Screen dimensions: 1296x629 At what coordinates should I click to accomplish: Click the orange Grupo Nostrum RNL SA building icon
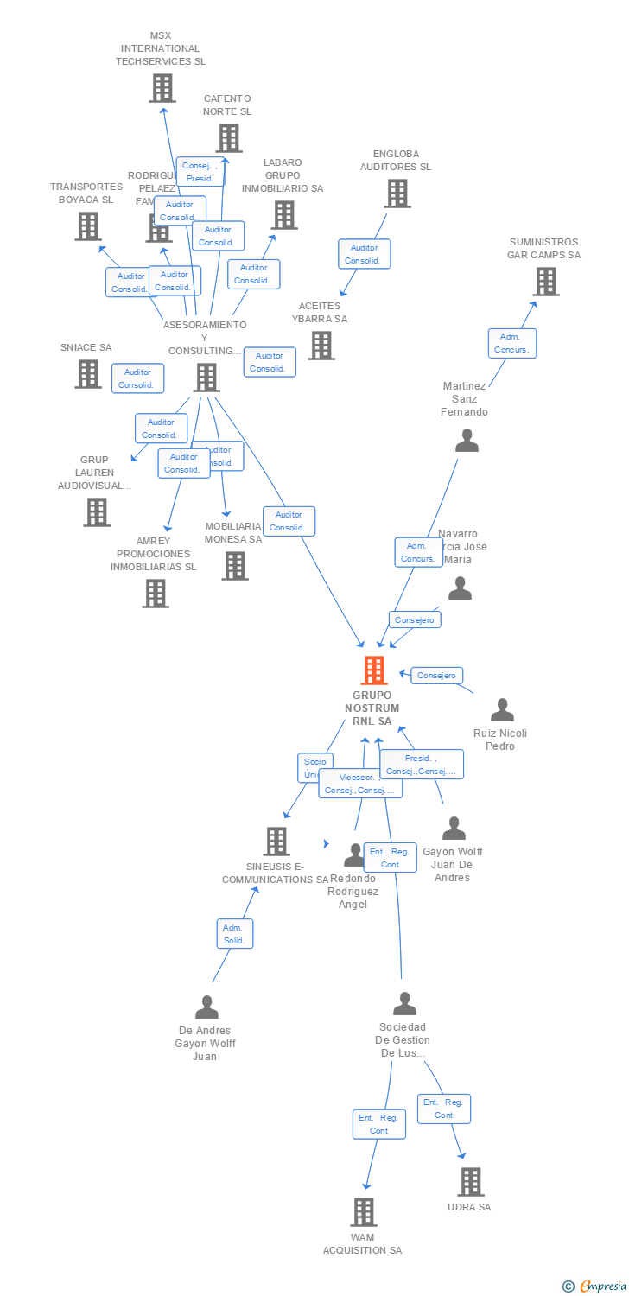pyautogui.click(x=373, y=670)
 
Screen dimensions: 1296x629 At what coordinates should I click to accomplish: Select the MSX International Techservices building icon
pyautogui.click(x=162, y=88)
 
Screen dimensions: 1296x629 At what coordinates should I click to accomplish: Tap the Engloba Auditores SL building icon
pyautogui.click(x=397, y=194)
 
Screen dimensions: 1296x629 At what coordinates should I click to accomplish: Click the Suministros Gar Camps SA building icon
pyautogui.click(x=545, y=282)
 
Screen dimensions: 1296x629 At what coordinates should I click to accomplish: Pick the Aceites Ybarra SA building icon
pyautogui.click(x=321, y=346)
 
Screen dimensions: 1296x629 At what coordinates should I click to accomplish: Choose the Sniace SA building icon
pyautogui.click(x=87, y=374)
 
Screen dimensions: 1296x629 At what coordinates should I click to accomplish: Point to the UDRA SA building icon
pyautogui.click(x=470, y=1181)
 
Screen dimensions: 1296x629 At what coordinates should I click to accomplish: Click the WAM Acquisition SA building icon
pyautogui.click(x=364, y=1211)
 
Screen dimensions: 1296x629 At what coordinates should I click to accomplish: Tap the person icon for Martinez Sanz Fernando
pyautogui.click(x=467, y=441)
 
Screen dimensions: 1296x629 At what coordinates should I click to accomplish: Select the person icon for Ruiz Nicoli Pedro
pyautogui.click(x=502, y=710)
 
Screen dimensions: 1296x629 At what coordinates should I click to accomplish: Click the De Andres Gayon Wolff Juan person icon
pyautogui.click(x=206, y=1007)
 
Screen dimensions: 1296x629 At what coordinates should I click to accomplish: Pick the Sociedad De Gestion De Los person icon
pyautogui.click(x=404, y=1004)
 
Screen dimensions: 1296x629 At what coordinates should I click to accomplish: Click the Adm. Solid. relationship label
pyautogui.click(x=235, y=934)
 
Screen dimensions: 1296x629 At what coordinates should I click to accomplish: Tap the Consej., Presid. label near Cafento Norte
pyautogui.click(x=200, y=172)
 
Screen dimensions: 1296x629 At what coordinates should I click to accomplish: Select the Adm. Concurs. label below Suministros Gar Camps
pyautogui.click(x=511, y=343)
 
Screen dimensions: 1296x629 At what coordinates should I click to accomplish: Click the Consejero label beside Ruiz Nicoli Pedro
pyautogui.click(x=436, y=675)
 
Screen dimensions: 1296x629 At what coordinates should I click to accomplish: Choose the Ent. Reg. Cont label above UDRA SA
pyautogui.click(x=443, y=1109)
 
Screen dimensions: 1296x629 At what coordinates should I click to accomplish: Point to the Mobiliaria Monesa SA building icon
pyautogui.click(x=235, y=566)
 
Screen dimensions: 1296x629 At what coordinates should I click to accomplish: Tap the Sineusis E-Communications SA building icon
pyautogui.click(x=276, y=841)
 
